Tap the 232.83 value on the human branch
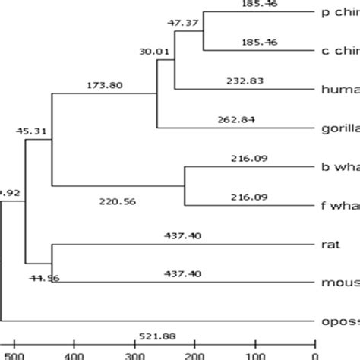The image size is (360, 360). pos(244,80)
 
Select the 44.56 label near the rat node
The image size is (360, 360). pos(43,279)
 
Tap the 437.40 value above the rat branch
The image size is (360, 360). pos(181,236)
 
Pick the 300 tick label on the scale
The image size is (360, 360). pos(134,353)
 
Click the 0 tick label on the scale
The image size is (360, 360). pos(314,353)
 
